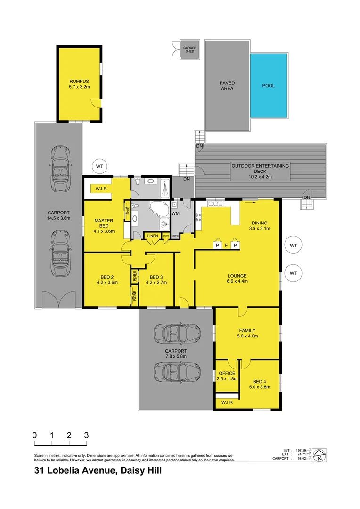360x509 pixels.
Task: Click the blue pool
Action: click(269, 85)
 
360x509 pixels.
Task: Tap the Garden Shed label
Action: click(190, 49)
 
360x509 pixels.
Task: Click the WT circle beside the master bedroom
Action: click(99, 166)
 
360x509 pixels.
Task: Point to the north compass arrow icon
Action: click(319, 455)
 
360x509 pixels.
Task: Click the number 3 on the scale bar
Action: click(86, 435)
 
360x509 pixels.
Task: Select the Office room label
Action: click(226, 373)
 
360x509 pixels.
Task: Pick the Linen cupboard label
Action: click(152, 236)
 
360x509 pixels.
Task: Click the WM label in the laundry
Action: click(175, 213)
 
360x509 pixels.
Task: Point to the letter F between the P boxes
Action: click(226, 245)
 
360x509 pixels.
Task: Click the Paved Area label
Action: click(227, 85)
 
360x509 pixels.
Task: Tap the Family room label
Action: click(247, 330)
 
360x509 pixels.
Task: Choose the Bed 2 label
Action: click(106, 277)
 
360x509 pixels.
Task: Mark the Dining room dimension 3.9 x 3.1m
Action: click(260, 229)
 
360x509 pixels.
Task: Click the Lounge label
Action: click(237, 276)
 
